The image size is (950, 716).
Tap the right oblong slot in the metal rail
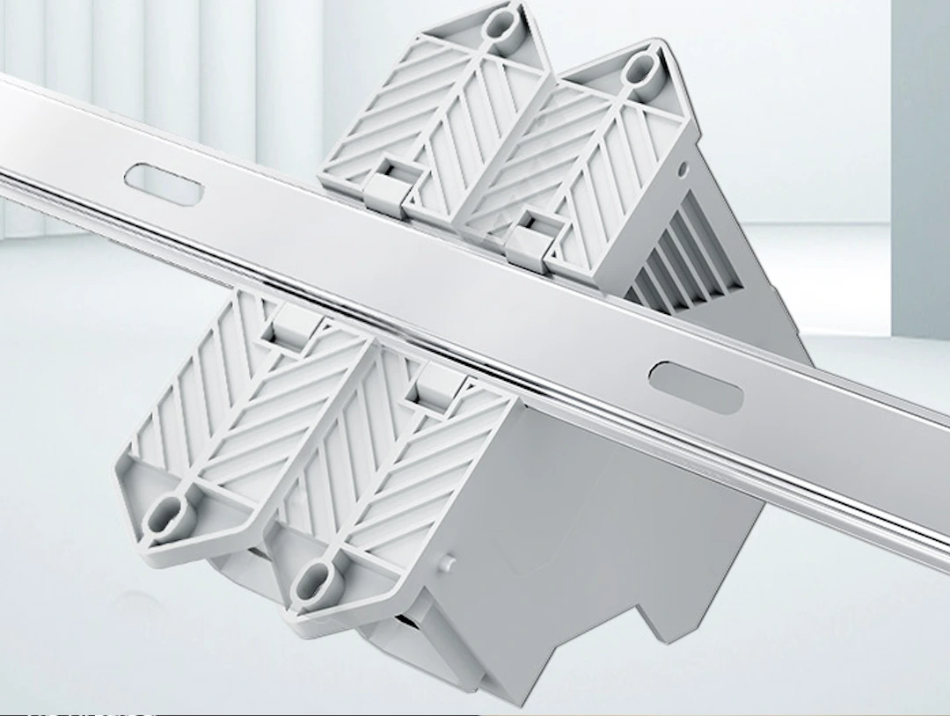pyautogui.click(x=695, y=386)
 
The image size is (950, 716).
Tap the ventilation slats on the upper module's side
pyautogui.click(x=677, y=255)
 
